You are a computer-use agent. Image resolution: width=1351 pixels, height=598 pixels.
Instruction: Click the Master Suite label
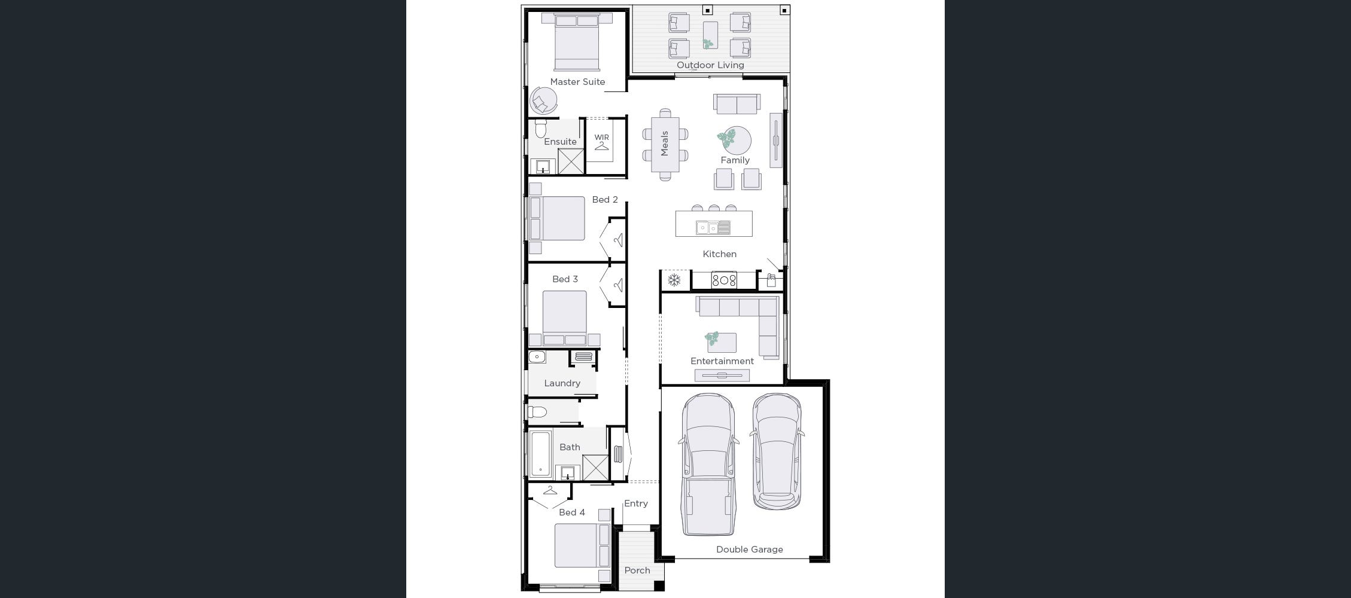tap(577, 82)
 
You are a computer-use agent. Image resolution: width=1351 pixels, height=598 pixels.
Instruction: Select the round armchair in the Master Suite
tap(543, 101)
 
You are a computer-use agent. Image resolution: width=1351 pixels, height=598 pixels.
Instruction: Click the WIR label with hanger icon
tap(601, 141)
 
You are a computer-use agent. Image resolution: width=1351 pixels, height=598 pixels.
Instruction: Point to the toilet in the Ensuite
tap(541, 129)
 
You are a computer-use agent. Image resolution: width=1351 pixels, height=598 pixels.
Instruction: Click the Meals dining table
tap(665, 144)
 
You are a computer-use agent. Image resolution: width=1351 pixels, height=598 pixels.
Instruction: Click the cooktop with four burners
tap(724, 279)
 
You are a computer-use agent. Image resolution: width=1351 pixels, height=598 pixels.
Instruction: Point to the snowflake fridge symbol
tap(674, 280)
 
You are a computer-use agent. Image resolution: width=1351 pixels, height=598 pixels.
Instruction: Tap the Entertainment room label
tap(722, 361)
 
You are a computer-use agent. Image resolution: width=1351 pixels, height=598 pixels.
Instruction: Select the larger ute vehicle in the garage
tap(708, 463)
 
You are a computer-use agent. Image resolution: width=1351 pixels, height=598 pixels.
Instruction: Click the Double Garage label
tap(749, 550)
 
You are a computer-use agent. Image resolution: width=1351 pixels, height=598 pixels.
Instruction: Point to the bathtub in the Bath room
tap(540, 454)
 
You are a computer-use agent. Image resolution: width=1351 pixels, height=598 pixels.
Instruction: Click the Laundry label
tap(562, 383)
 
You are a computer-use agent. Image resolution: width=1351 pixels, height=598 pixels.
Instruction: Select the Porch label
tap(637, 570)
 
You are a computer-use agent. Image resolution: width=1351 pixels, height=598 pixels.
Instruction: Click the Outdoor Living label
tap(710, 65)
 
